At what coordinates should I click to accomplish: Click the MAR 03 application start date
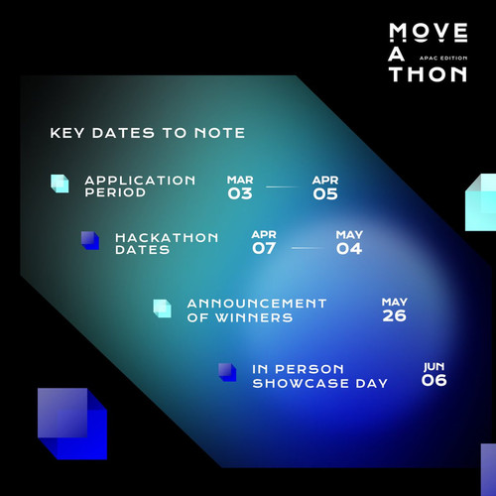240,187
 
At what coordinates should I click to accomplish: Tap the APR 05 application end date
325,187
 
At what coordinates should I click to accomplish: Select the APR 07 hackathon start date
264,242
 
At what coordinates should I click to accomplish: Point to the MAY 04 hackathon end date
349,243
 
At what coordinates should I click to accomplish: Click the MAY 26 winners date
395,310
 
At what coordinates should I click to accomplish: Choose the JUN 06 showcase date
434,374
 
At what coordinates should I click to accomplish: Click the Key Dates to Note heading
148,133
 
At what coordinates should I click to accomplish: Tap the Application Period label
140,186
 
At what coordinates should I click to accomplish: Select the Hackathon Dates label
167,243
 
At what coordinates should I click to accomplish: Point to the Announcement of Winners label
257,310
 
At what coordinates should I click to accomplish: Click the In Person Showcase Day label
319,376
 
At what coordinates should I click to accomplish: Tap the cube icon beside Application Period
60,184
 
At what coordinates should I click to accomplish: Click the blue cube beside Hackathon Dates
90,240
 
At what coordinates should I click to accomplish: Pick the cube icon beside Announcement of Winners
162,309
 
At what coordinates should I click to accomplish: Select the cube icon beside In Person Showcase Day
227,372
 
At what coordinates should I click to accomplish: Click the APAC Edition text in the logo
443,58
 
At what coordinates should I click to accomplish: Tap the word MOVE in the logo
429,33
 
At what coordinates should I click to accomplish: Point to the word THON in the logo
428,74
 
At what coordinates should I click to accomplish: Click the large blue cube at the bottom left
72,424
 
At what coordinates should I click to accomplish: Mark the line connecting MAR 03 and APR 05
283,186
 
